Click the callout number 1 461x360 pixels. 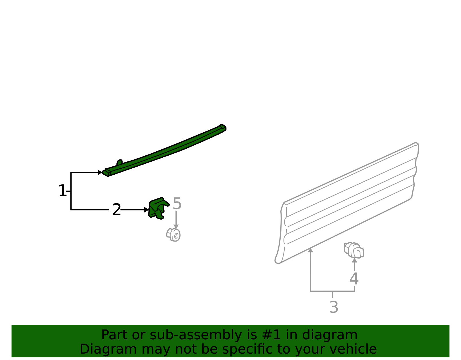(x=62, y=191)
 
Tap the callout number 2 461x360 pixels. (x=116, y=210)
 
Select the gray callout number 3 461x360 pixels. (x=334, y=307)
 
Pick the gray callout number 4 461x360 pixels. (x=354, y=278)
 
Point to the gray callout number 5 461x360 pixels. (x=177, y=203)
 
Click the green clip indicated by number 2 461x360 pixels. (x=158, y=208)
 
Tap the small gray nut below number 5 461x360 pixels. (x=173, y=235)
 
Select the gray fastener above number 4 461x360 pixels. (x=354, y=250)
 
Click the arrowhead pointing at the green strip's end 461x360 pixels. (x=100, y=172)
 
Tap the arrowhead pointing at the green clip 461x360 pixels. (x=146, y=210)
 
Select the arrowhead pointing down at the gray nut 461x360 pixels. (x=176, y=227)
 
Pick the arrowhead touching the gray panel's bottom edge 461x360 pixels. (x=311, y=250)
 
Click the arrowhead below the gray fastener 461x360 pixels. (x=354, y=260)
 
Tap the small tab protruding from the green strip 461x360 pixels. (x=120, y=163)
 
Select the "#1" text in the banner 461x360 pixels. (x=271, y=335)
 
